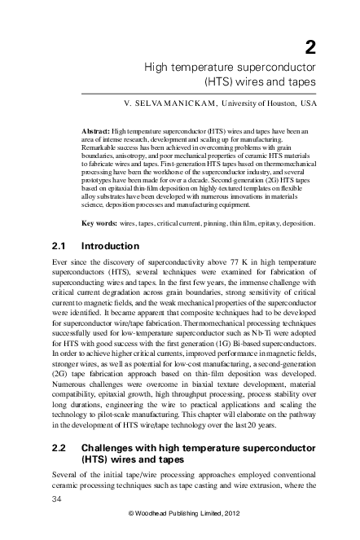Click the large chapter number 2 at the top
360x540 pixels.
pyautogui.click(x=310, y=46)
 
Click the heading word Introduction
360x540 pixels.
pyautogui.click(x=111, y=246)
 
